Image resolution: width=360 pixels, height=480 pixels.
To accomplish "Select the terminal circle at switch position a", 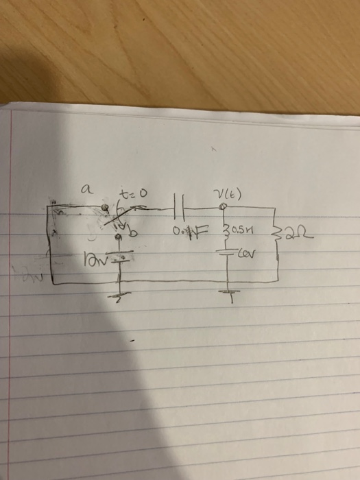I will pyautogui.click(x=104, y=206).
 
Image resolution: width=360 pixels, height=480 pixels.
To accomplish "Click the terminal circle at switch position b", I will pyautogui.click(x=118, y=237).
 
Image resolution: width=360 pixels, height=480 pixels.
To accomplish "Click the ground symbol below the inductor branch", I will pyautogui.click(x=227, y=291).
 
